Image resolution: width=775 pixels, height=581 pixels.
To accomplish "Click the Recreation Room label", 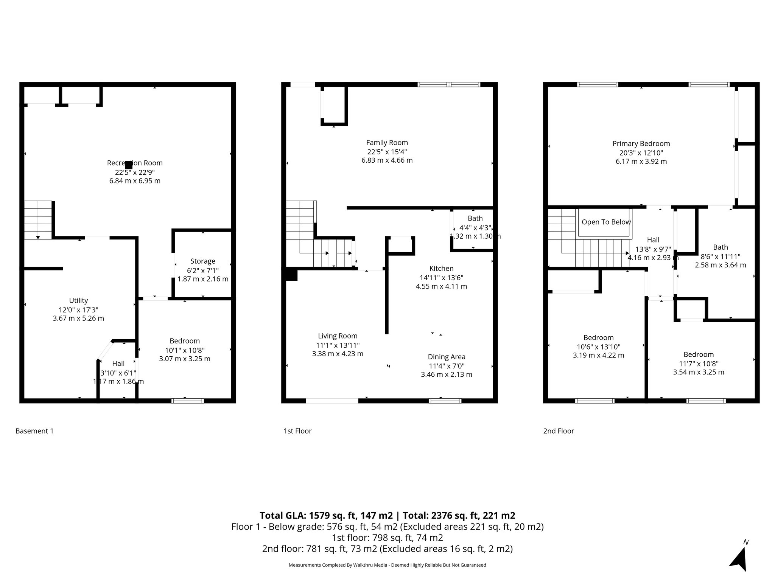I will (135, 163).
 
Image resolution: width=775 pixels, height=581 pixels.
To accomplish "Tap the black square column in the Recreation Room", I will (129, 165).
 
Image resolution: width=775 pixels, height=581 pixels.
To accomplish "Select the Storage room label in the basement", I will (203, 261).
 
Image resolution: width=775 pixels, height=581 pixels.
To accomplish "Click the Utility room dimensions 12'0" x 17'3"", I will (78, 309).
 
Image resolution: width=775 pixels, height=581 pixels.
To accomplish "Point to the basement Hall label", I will (118, 364).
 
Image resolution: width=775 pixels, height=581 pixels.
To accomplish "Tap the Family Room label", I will (387, 143).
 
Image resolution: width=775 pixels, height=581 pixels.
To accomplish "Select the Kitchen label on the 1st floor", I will (441, 269).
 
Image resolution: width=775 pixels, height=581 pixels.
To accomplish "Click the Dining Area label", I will (447, 357).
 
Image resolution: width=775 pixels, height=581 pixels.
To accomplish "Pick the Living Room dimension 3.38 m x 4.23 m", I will (338, 354).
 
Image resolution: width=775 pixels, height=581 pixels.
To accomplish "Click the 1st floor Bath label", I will (475, 218).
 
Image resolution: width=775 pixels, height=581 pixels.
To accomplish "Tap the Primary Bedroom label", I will (641, 144).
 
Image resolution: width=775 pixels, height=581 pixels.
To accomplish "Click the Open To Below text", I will (606, 222).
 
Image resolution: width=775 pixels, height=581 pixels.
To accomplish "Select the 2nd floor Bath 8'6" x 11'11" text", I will (720, 256).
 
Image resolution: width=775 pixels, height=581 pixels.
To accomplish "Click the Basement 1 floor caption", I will (34, 431).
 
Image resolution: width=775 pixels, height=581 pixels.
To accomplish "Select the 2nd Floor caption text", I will (559, 431).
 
